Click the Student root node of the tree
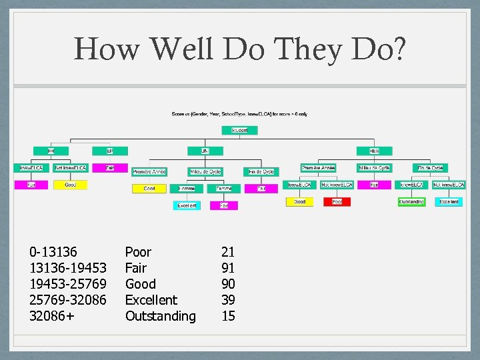240,130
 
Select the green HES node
374,151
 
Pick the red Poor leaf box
337,201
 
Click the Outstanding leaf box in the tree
411,201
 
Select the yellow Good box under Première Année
149,189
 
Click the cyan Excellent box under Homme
187,206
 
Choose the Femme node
223,189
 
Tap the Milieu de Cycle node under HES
374,168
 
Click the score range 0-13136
53,252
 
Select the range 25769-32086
67,300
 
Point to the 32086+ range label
52,316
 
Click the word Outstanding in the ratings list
160,316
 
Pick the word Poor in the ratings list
138,252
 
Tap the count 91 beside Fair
228,268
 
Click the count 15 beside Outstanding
228,316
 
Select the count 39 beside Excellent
228,300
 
